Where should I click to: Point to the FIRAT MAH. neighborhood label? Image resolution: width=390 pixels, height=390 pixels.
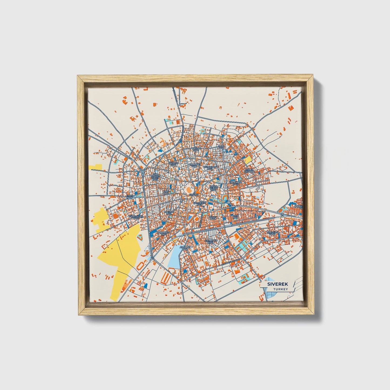tap(130, 197)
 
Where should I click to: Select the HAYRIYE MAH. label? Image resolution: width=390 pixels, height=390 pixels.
tap(174, 164)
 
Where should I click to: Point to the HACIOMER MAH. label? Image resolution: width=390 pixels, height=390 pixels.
tap(236, 183)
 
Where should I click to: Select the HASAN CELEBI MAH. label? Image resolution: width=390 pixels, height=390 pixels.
tap(214, 188)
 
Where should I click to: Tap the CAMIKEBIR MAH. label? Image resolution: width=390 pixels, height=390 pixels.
tap(199, 204)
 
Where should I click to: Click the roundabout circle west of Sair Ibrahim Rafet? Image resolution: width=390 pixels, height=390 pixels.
tap(142, 171)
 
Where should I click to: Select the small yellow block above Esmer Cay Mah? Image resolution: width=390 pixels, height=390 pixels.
tap(247, 160)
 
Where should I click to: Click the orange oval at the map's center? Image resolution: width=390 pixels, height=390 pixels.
tap(188, 190)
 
